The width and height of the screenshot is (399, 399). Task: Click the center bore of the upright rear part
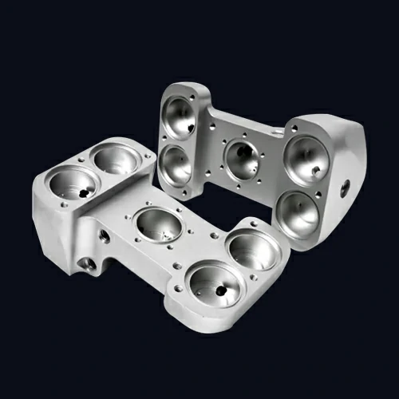pyautogui.click(x=243, y=159)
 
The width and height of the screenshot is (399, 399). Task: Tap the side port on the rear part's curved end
pyautogui.click(x=345, y=189)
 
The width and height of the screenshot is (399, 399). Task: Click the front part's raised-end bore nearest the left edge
pyautogui.click(x=73, y=186)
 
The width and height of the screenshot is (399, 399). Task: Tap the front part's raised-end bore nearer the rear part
pyautogui.click(x=117, y=159)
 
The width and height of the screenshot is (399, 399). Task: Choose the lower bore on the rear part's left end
pyautogui.click(x=175, y=164)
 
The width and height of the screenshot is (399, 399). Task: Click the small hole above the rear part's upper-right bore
pyautogui.click(x=287, y=128)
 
